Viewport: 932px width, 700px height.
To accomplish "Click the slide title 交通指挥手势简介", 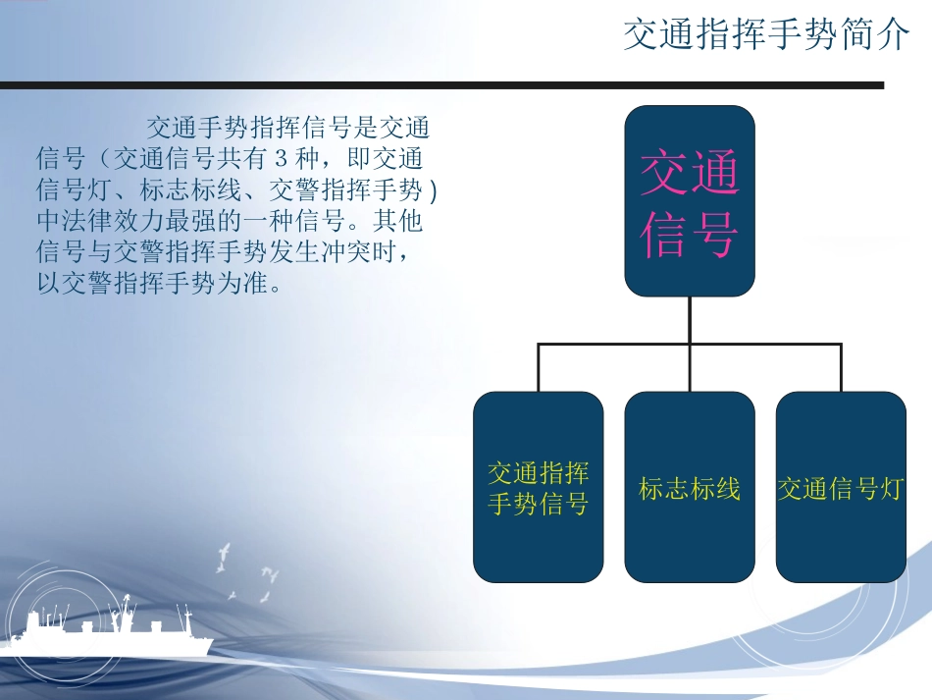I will point(766,36).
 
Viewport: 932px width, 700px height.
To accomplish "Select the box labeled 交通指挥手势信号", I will point(538,487).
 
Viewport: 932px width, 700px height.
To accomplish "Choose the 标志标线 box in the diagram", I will point(690,488).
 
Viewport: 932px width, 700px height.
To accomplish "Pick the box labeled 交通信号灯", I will point(840,488).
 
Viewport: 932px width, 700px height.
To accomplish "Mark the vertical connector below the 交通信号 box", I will point(690,319).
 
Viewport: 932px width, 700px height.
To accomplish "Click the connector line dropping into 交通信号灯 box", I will point(841,368).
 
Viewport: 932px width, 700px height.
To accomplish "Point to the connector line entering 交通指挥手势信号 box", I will point(538,368).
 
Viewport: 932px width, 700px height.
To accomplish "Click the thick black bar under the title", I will point(441,85).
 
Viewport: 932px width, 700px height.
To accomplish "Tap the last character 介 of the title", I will point(895,36).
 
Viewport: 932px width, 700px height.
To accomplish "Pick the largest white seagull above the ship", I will point(225,555).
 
